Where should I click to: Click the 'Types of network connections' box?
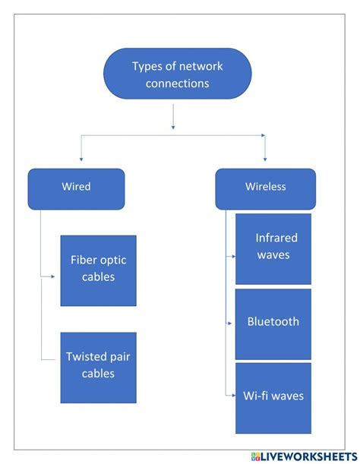177,74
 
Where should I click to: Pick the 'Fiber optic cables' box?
99,270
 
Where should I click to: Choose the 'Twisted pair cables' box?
99,368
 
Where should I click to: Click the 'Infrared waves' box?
273,248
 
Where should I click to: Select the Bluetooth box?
273,323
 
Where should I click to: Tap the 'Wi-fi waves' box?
273,397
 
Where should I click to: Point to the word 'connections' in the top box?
177,84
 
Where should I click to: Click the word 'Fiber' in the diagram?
84,260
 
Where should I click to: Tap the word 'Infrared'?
276,238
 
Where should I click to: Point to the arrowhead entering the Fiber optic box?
53,276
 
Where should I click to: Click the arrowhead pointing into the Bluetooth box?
231,324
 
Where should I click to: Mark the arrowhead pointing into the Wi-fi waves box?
231,393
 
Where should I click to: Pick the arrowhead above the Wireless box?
264,159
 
